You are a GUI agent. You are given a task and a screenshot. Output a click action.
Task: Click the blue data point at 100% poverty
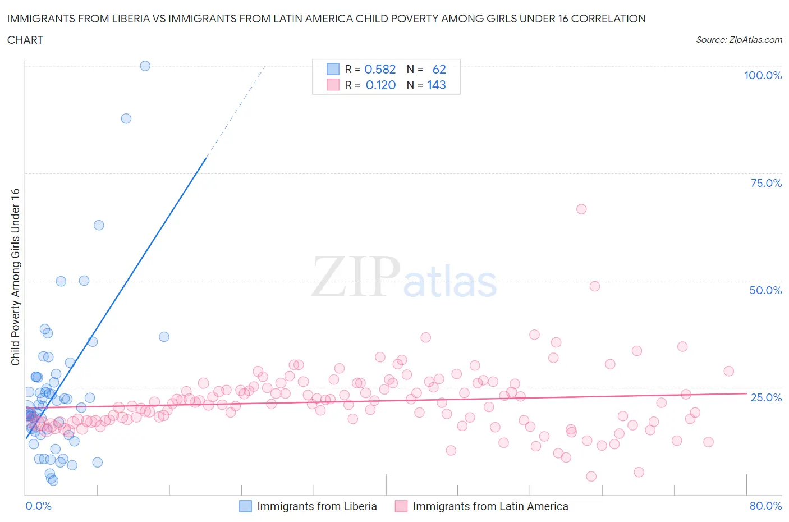tap(145, 66)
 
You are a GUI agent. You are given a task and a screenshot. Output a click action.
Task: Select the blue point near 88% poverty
tap(126, 118)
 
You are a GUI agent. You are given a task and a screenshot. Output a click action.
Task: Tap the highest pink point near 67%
tap(581, 209)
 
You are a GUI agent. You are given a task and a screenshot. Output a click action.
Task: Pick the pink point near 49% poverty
tap(595, 286)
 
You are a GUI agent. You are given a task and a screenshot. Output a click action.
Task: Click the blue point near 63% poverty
tap(99, 225)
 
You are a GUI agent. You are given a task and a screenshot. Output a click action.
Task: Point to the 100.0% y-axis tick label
tap(763, 75)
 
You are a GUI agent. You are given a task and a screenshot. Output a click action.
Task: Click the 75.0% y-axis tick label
tap(766, 183)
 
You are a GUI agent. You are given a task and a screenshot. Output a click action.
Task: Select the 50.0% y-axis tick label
tap(765, 290)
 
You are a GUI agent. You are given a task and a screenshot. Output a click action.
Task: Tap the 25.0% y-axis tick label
tap(766, 397)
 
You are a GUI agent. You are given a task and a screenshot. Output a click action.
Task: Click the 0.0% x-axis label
tap(38, 506)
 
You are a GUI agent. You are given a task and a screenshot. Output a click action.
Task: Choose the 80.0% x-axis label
tap(765, 506)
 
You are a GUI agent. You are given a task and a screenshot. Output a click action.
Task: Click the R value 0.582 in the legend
tap(380, 69)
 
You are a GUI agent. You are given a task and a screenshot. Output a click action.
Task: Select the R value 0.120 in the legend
tap(380, 85)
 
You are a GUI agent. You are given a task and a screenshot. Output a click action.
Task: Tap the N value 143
tap(436, 85)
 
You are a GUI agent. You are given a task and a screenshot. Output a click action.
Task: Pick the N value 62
tap(439, 69)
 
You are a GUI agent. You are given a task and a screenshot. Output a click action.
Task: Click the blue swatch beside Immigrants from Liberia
tap(245, 506)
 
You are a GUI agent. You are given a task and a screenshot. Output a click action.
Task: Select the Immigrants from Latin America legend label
tap(490, 506)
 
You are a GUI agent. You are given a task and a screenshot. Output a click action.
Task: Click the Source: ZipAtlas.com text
tap(738, 39)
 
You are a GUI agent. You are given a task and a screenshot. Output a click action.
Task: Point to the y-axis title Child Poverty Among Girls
tap(15, 277)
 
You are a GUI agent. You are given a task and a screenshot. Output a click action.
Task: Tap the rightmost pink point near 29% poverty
tap(728, 371)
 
